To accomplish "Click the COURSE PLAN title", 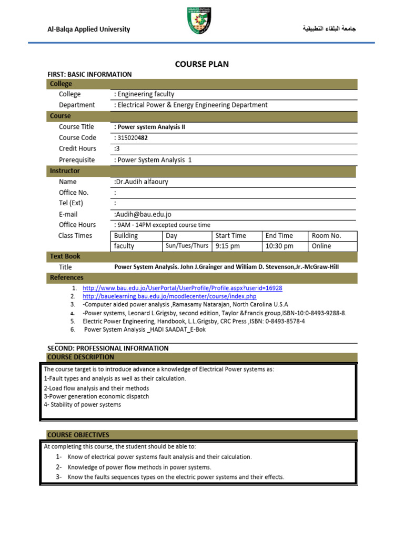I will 201,64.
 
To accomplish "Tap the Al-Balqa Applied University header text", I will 88,29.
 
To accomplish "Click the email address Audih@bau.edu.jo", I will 143,214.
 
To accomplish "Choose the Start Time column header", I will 230,236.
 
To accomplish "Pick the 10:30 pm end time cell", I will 279,246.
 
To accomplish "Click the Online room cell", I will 321,246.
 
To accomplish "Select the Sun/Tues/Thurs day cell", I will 187,246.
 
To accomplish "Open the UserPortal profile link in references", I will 183,288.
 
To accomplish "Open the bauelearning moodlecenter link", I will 169,297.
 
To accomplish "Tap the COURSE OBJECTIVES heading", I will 78,435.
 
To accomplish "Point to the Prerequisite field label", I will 77,160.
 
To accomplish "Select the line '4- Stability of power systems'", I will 83,405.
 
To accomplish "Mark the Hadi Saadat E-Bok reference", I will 145,330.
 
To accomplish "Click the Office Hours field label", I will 77,225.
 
